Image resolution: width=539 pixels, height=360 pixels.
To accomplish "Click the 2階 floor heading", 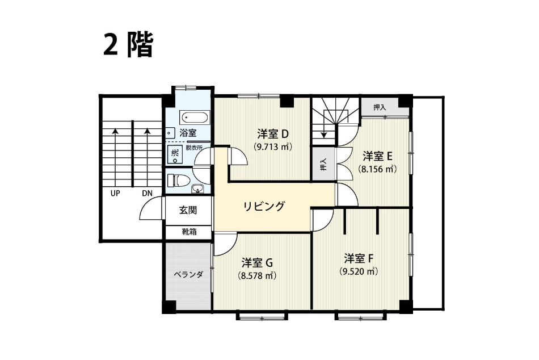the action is (x=128, y=45).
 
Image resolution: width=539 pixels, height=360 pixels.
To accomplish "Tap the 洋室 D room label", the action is (x=272, y=133).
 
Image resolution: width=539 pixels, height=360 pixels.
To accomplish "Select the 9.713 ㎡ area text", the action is (x=273, y=147).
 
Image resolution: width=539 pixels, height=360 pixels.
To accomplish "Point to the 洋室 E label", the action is (x=377, y=156).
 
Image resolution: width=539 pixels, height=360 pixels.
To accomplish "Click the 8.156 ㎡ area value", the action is (x=377, y=169).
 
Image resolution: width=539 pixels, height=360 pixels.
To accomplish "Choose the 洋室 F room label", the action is (x=359, y=258).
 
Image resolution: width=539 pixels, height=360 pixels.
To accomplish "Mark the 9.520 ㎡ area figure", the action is (x=359, y=271).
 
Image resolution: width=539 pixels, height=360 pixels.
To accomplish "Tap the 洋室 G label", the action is (x=257, y=262).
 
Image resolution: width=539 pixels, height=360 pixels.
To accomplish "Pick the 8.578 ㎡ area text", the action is (x=257, y=276).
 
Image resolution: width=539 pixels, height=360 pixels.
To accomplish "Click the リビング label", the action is (x=264, y=206).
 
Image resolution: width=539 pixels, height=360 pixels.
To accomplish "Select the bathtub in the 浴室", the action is (x=195, y=118).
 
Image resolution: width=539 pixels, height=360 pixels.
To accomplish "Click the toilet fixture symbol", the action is (x=179, y=181).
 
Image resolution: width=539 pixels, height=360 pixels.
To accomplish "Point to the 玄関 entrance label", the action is (x=188, y=210).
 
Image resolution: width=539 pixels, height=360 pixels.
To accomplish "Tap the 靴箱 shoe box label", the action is (x=189, y=232).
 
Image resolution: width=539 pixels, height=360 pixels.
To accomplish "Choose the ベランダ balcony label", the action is (x=188, y=275).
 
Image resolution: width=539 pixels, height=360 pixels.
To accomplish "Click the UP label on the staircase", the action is (x=115, y=194).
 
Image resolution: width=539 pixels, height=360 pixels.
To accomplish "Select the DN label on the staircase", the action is (x=147, y=194).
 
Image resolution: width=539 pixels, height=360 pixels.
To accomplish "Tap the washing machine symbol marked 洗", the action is (x=175, y=156).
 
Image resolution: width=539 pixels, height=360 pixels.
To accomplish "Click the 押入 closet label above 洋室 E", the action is (x=380, y=107).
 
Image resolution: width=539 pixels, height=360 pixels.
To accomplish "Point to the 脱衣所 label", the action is (x=194, y=148).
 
